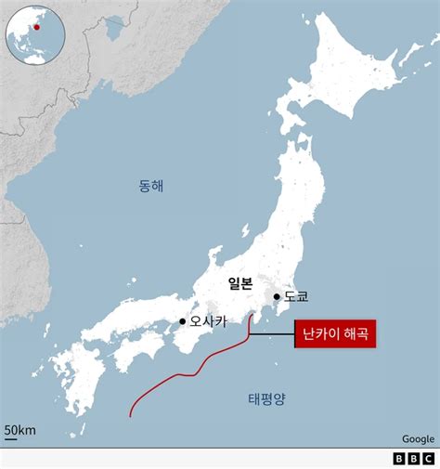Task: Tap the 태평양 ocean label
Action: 266,399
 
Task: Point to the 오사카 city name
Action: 208,323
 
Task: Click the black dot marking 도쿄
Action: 277,297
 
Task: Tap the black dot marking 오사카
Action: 182,323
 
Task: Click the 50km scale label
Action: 19,429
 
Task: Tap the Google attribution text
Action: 418,439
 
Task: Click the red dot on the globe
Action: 37,27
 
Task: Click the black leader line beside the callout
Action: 275,332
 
